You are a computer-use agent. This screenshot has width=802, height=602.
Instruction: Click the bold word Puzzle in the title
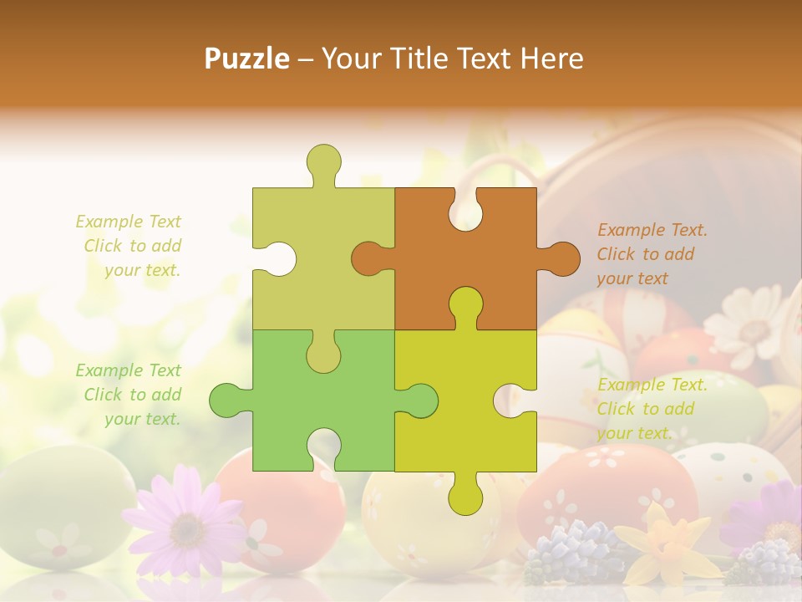(246, 59)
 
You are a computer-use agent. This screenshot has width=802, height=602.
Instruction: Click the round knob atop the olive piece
(323, 161)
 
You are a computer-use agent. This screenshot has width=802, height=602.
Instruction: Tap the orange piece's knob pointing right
(561, 258)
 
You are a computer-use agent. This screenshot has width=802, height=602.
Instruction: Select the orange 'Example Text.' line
(652, 230)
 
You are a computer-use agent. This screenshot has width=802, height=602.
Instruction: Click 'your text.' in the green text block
(142, 419)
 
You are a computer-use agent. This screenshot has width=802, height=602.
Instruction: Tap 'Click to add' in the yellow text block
(645, 409)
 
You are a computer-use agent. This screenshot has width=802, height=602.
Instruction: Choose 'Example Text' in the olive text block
(128, 222)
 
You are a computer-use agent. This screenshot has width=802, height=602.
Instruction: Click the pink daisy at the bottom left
(185, 523)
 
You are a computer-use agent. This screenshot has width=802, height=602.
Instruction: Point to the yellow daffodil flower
(664, 543)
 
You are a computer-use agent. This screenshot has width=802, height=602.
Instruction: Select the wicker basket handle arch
(501, 167)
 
